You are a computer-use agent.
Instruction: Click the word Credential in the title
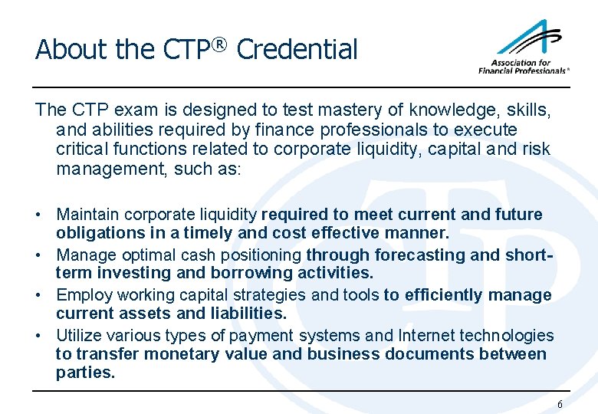coord(297,50)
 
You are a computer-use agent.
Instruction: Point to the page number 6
coord(560,404)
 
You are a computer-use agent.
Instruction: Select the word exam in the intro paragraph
coord(122,110)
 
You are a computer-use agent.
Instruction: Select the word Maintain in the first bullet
coord(87,215)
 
